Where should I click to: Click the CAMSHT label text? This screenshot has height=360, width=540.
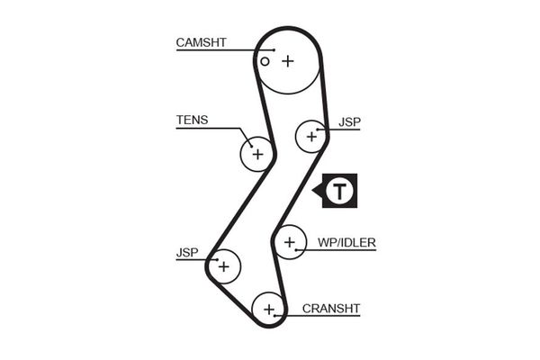[x=202, y=41]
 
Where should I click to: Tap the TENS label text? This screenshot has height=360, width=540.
[x=192, y=119]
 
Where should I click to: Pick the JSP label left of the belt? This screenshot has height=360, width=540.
[x=186, y=253]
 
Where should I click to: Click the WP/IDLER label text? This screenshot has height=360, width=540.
[x=346, y=242]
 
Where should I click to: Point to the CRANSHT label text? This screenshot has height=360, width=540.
[x=331, y=308]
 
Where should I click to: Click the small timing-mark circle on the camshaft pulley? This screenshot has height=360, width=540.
[x=265, y=62]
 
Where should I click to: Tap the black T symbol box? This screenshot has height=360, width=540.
[x=339, y=191]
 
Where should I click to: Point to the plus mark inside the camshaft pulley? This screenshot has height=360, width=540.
[x=287, y=61]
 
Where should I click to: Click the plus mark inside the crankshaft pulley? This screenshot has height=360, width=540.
[x=268, y=310]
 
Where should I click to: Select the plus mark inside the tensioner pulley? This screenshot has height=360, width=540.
[x=257, y=154]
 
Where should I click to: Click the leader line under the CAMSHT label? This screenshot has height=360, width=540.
[x=211, y=49]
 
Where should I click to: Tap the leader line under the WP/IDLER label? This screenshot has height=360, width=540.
[x=342, y=250]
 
